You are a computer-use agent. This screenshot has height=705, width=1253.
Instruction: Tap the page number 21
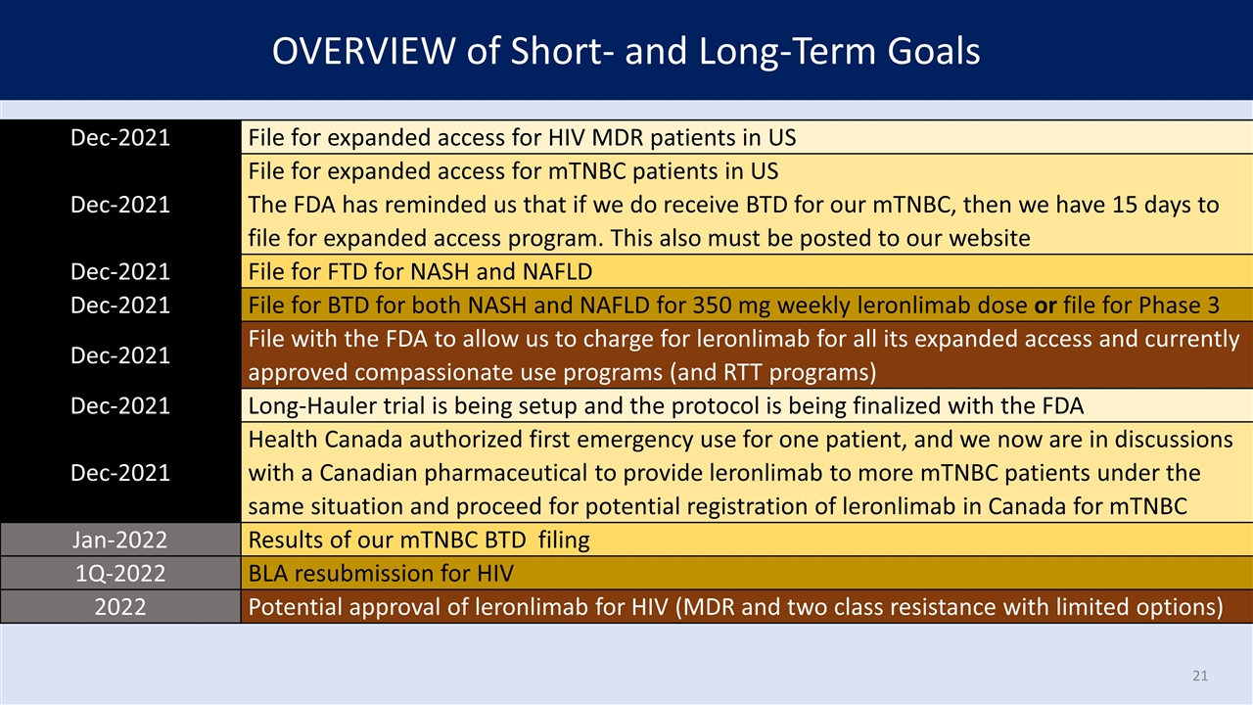(x=1200, y=676)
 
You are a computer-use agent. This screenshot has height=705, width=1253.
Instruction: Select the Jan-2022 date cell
(x=120, y=540)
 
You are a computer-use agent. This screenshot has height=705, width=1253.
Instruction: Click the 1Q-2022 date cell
(x=120, y=573)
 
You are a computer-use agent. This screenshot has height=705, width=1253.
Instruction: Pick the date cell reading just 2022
(x=120, y=607)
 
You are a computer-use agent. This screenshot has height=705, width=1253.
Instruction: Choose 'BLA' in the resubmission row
(x=269, y=573)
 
